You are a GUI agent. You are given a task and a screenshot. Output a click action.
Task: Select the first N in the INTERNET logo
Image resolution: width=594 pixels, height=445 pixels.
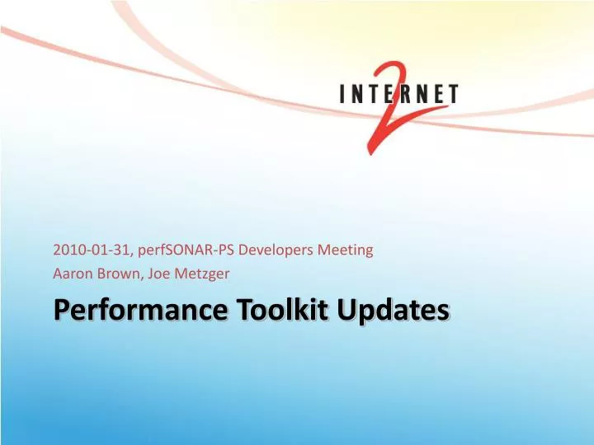pos(358,95)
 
